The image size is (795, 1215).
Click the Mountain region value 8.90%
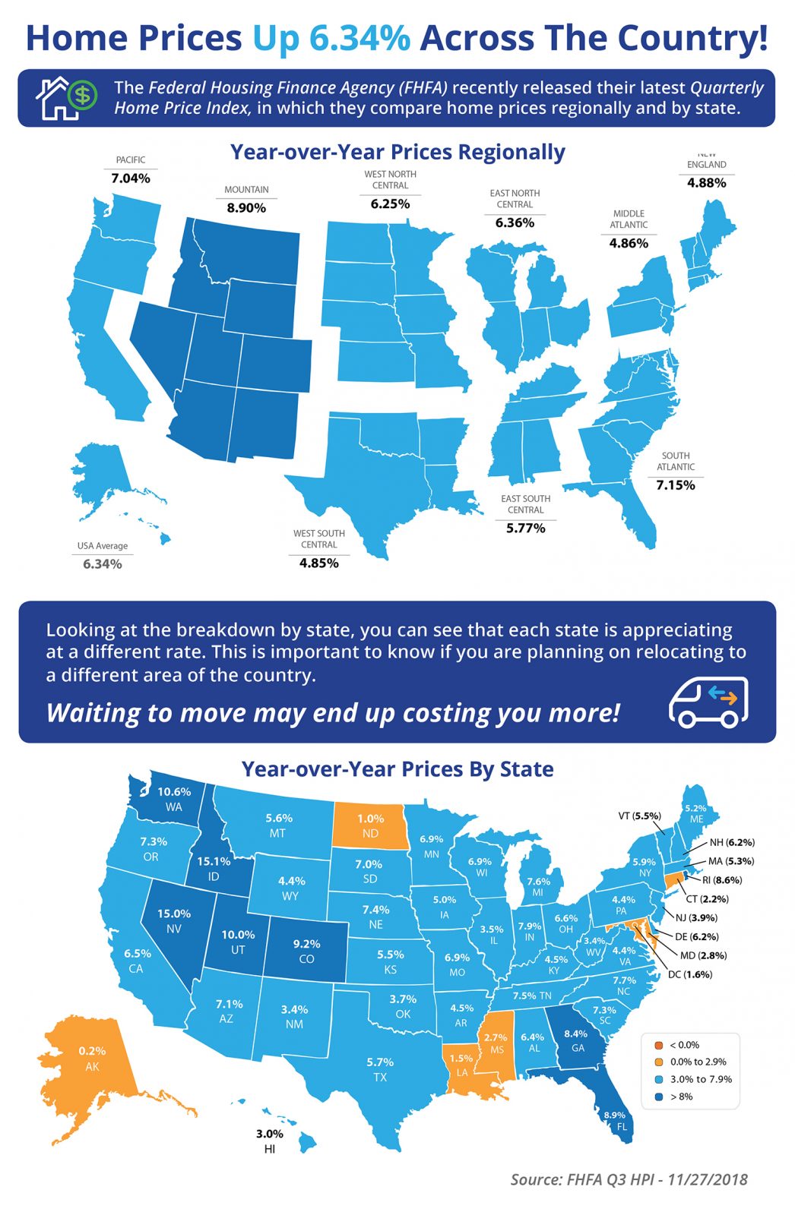(246, 207)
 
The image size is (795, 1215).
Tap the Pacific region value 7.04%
(131, 178)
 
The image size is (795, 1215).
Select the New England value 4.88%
(706, 183)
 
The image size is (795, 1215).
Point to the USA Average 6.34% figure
(103, 564)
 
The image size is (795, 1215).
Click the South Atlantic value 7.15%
(675, 485)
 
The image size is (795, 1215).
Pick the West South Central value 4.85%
(318, 563)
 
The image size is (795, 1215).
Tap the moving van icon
(708, 702)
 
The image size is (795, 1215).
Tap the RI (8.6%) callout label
(721, 880)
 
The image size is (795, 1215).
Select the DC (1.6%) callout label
(689, 974)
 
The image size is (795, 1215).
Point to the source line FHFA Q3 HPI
(629, 1179)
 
